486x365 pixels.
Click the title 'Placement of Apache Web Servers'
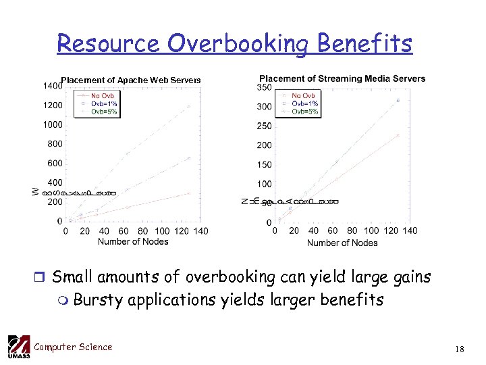131,80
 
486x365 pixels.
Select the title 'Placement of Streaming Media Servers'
342,78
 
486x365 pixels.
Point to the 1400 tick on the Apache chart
51,87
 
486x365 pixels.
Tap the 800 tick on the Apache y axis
54,144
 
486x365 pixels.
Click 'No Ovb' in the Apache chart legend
103,96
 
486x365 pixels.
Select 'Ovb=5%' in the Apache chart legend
104,112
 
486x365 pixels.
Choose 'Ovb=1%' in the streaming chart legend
305,103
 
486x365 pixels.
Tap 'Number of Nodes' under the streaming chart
342,243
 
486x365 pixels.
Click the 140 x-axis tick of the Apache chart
200,231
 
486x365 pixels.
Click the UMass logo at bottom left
18,347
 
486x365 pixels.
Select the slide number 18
460,349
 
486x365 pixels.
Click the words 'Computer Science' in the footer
73,347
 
